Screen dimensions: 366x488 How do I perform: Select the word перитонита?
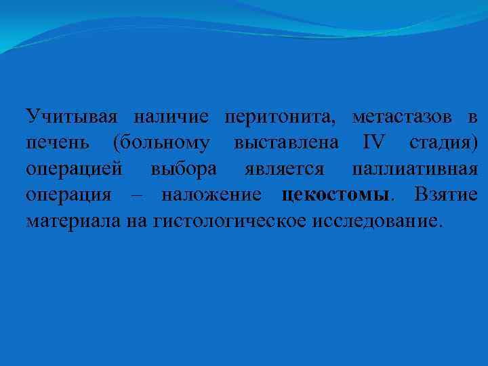(280, 117)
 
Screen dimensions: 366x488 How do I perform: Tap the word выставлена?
(287, 143)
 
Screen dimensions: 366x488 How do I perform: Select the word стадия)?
(443, 143)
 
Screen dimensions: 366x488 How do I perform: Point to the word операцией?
(73, 169)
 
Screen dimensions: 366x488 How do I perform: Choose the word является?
(284, 169)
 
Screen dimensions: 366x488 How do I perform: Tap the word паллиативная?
(415, 169)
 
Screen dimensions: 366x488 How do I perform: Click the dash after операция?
(135, 195)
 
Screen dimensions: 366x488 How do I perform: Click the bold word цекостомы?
(335, 195)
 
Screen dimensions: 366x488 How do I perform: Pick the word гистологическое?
(230, 221)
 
